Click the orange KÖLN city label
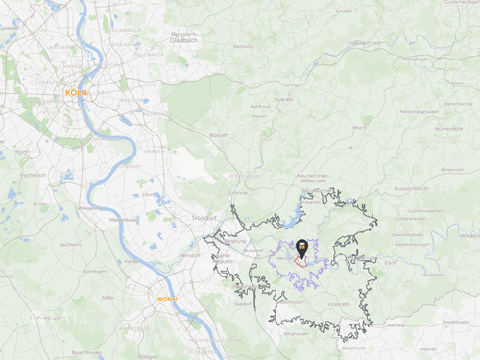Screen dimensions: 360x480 (x=75, y=92)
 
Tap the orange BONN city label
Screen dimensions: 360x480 (x=167, y=300)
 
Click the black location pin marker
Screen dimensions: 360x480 (x=302, y=249)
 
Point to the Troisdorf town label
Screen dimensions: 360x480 (x=204, y=220)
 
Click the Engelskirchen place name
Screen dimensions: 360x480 (x=365, y=43)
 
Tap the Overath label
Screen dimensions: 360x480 (x=282, y=98)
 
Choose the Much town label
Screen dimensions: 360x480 (x=359, y=127)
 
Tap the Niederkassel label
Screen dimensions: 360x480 (x=123, y=219)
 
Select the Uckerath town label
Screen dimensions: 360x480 (x=338, y=304)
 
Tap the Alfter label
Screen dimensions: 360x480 (x=108, y=299)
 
